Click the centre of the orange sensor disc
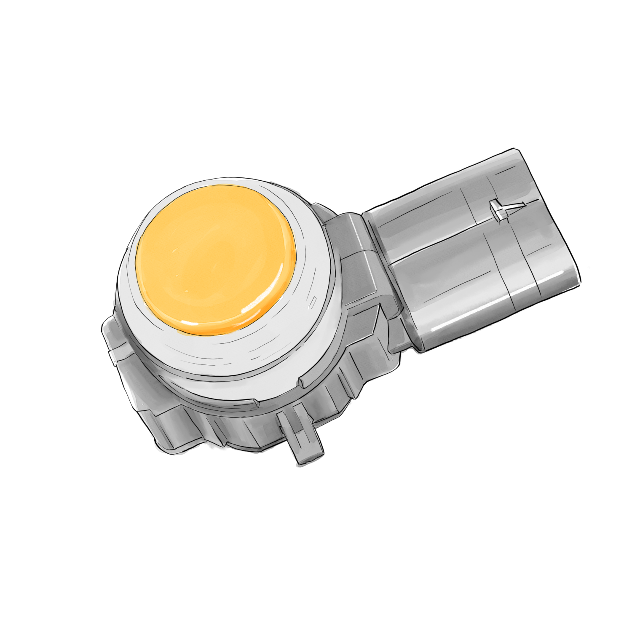pos(216,259)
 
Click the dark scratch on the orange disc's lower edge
pos(190,324)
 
